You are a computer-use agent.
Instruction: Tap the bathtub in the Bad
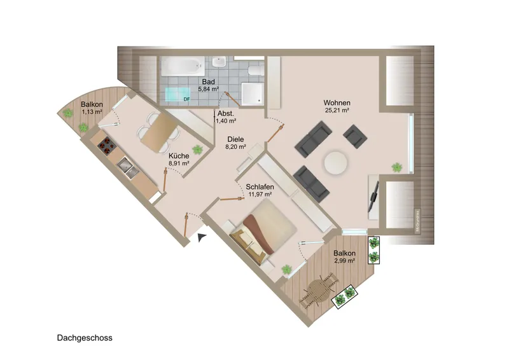(x=181, y=66)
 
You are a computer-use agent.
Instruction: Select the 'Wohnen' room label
(x=337, y=103)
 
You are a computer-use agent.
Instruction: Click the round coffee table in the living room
(x=335, y=163)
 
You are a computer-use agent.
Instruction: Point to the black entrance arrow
(x=202, y=237)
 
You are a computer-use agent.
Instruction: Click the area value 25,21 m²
(x=337, y=111)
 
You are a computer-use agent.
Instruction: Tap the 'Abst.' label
(x=226, y=113)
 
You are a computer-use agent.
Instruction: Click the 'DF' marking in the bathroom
(x=186, y=99)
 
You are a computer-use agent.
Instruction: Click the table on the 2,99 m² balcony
(x=320, y=291)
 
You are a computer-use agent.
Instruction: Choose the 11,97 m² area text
(x=260, y=194)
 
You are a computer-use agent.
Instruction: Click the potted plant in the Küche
(x=198, y=149)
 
